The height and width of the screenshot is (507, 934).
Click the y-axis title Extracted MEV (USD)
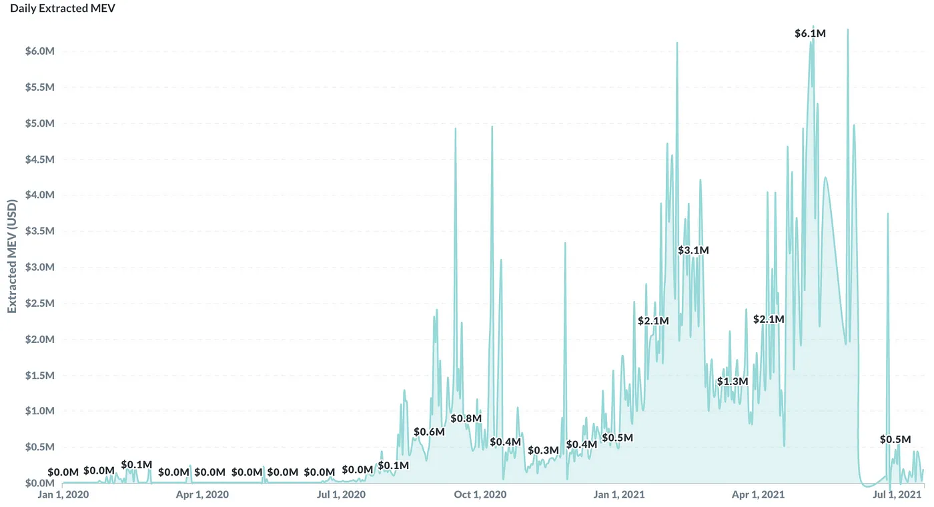(x=12, y=256)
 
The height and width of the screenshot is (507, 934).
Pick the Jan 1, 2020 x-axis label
(x=63, y=495)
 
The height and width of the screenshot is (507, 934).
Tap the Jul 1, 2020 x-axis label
(x=340, y=495)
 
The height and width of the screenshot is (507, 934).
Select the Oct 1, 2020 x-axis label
(x=480, y=495)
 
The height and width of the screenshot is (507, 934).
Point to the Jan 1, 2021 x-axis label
(x=620, y=495)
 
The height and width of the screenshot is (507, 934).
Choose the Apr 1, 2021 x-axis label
(x=759, y=495)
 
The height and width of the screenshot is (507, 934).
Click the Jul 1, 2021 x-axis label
(x=898, y=495)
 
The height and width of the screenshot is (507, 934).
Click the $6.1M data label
(x=811, y=33)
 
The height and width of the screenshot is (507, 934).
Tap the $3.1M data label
(x=693, y=250)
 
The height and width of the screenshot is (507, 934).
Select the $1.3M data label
(x=733, y=382)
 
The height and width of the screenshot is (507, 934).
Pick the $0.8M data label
(x=466, y=418)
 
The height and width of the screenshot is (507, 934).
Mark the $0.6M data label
(x=429, y=432)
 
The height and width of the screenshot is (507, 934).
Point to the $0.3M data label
(x=543, y=450)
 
